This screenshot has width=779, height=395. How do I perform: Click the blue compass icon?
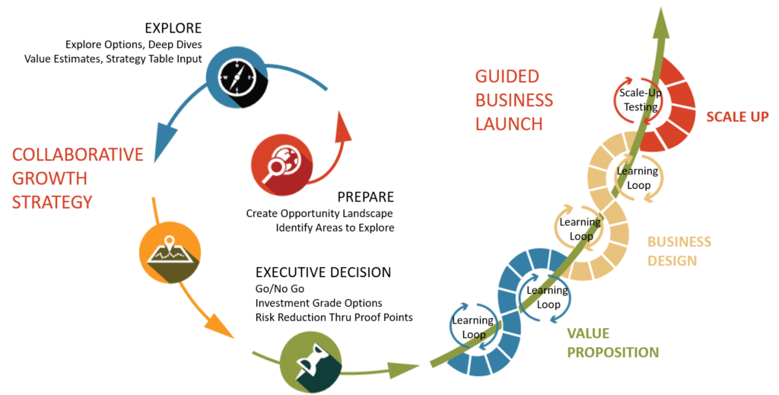(237, 78)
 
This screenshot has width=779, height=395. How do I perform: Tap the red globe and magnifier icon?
(281, 165)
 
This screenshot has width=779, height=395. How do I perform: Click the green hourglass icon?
(311, 362)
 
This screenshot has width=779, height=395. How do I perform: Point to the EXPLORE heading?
(173, 28)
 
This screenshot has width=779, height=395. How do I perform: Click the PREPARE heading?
(366, 197)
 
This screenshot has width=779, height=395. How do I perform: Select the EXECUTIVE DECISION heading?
(323, 272)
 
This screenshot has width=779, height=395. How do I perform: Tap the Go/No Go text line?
(280, 288)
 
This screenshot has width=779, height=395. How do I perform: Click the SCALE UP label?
(737, 116)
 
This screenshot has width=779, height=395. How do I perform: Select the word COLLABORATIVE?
(78, 154)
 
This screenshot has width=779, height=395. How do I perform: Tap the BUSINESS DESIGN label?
(679, 251)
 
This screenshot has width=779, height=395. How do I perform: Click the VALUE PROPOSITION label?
(613, 342)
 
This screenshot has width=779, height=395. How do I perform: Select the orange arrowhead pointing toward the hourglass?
(218, 326)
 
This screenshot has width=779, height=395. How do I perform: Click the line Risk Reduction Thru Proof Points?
(334, 317)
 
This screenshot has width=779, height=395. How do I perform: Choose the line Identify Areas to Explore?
(335, 228)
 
